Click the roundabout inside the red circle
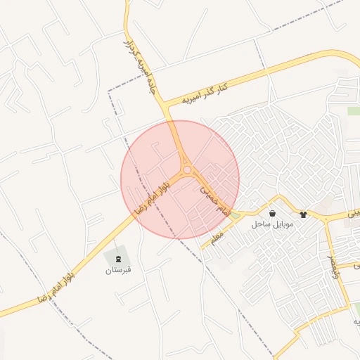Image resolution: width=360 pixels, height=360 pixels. point(187,169)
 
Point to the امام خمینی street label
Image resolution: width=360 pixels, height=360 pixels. point(214,200)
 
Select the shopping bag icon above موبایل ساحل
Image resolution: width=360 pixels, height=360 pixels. point(272,213)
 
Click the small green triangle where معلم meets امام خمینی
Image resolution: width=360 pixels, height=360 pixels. point(235,214)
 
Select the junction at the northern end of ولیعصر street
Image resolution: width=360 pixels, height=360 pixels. point(325,220)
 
